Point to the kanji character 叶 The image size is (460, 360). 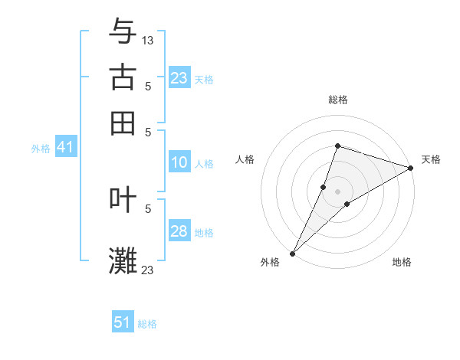coord(123,199)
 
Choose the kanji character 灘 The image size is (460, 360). coord(123,260)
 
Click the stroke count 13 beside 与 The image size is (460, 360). coord(148,40)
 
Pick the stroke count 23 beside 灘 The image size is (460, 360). coord(148,270)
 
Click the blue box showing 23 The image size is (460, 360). coord(179,78)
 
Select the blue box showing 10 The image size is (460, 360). coord(179,162)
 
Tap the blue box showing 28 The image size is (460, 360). coord(179,231)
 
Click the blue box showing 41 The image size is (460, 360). coord(65,147)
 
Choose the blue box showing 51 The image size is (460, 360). coord(123,322)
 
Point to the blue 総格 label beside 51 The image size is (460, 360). coord(147,324)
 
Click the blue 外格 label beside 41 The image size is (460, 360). coord(40,149)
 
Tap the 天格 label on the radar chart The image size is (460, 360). coord(431,159)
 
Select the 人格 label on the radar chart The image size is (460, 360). coord(245,159)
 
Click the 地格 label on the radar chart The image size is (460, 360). coord(402,263)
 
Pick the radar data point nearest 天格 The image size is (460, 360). coord(410,168)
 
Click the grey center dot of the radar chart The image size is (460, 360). coord(337,191)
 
